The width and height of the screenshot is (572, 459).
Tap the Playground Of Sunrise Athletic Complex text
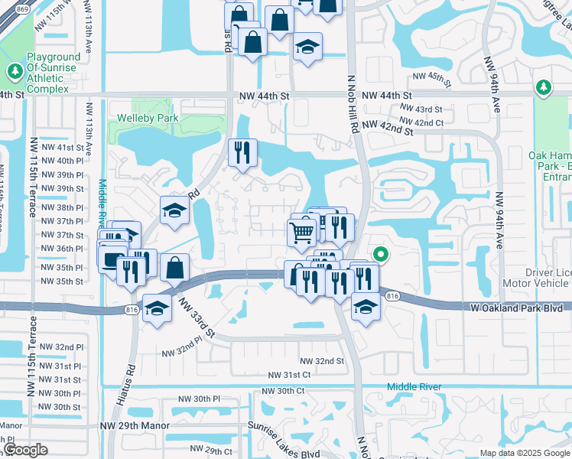[54, 73]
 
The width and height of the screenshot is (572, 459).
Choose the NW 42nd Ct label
[421, 122]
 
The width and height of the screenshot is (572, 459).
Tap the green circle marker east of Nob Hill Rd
[380, 256]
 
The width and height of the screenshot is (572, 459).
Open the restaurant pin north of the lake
[243, 152]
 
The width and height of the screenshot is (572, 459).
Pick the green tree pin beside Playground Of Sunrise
[15, 72]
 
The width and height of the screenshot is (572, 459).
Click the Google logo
[26, 449]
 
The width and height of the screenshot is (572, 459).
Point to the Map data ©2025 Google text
[525, 453]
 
